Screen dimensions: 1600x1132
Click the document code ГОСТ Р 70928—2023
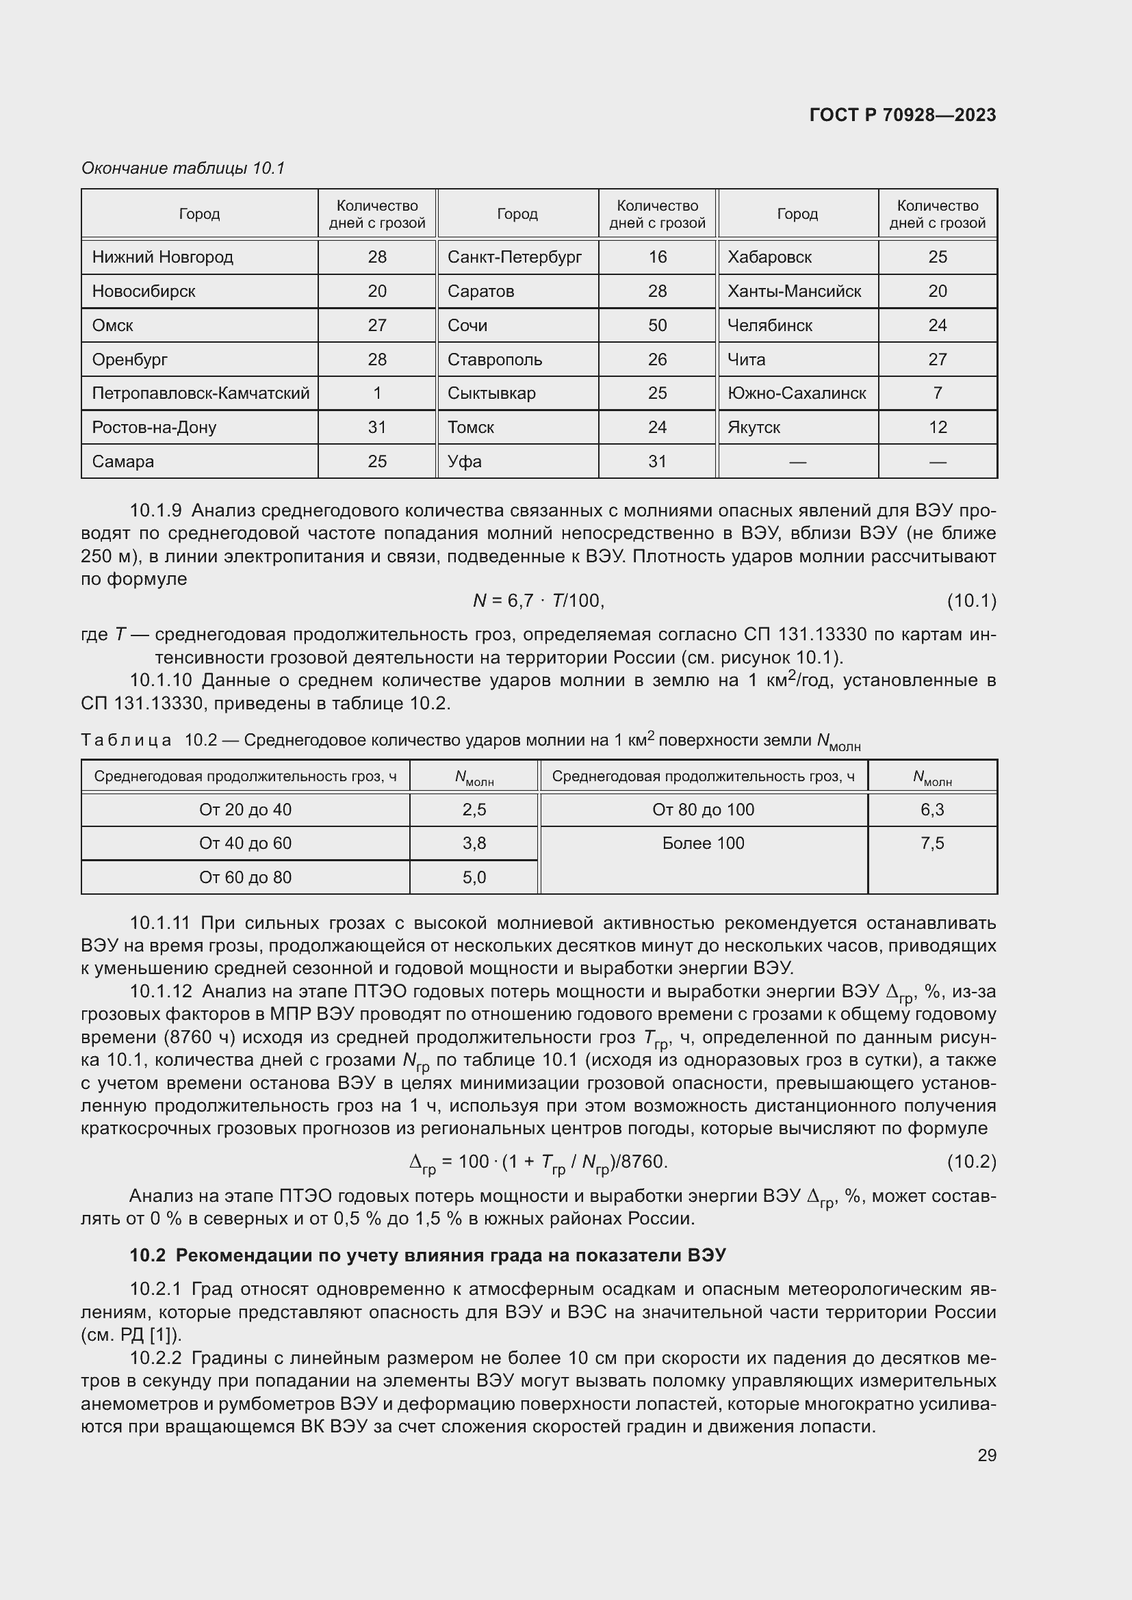coord(902,115)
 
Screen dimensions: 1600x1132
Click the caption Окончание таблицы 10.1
coord(183,168)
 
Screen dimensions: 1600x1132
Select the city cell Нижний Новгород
coord(162,257)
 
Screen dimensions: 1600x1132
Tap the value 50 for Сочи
coord(656,326)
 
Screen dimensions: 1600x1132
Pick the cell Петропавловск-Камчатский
coord(200,393)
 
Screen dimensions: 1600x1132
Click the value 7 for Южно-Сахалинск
coord(937,393)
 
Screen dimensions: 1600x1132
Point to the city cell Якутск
coord(754,427)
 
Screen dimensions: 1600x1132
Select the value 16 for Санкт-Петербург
coord(656,257)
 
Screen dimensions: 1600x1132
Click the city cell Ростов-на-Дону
coord(154,427)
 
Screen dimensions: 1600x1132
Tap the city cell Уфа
coord(464,461)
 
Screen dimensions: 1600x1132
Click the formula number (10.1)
coord(971,601)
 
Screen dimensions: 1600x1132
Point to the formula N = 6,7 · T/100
coord(538,601)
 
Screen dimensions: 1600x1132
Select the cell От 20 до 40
coord(246,810)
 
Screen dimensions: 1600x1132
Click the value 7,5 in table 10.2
coord(932,843)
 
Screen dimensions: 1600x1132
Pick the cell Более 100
coord(703,843)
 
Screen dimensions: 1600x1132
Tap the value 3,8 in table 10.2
coord(474,843)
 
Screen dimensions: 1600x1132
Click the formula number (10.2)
coord(971,1162)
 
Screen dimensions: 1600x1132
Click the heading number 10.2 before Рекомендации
coord(147,1255)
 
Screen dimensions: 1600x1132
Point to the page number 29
coord(986,1455)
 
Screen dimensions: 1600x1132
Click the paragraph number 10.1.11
coord(159,923)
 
